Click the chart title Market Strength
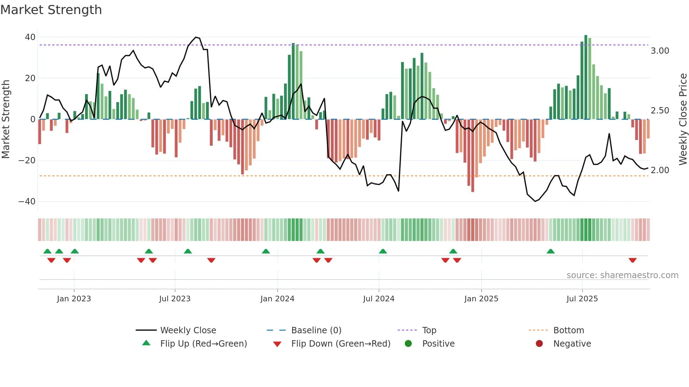pos(51,10)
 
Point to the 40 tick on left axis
pos(30,37)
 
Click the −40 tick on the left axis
pos(27,202)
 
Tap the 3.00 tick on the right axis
pos(660,51)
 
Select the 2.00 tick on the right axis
pos(660,170)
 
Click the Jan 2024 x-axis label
pos(277,299)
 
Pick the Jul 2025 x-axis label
pos(582,299)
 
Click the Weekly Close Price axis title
pos(683,119)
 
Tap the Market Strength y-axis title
pos(6,119)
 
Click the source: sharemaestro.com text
pos(622,275)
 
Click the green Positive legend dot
pos(408,344)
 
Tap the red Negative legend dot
pos(539,344)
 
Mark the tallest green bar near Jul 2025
pos(586,77)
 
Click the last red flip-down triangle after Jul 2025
pos(633,261)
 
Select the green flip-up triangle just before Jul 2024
pos(383,251)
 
